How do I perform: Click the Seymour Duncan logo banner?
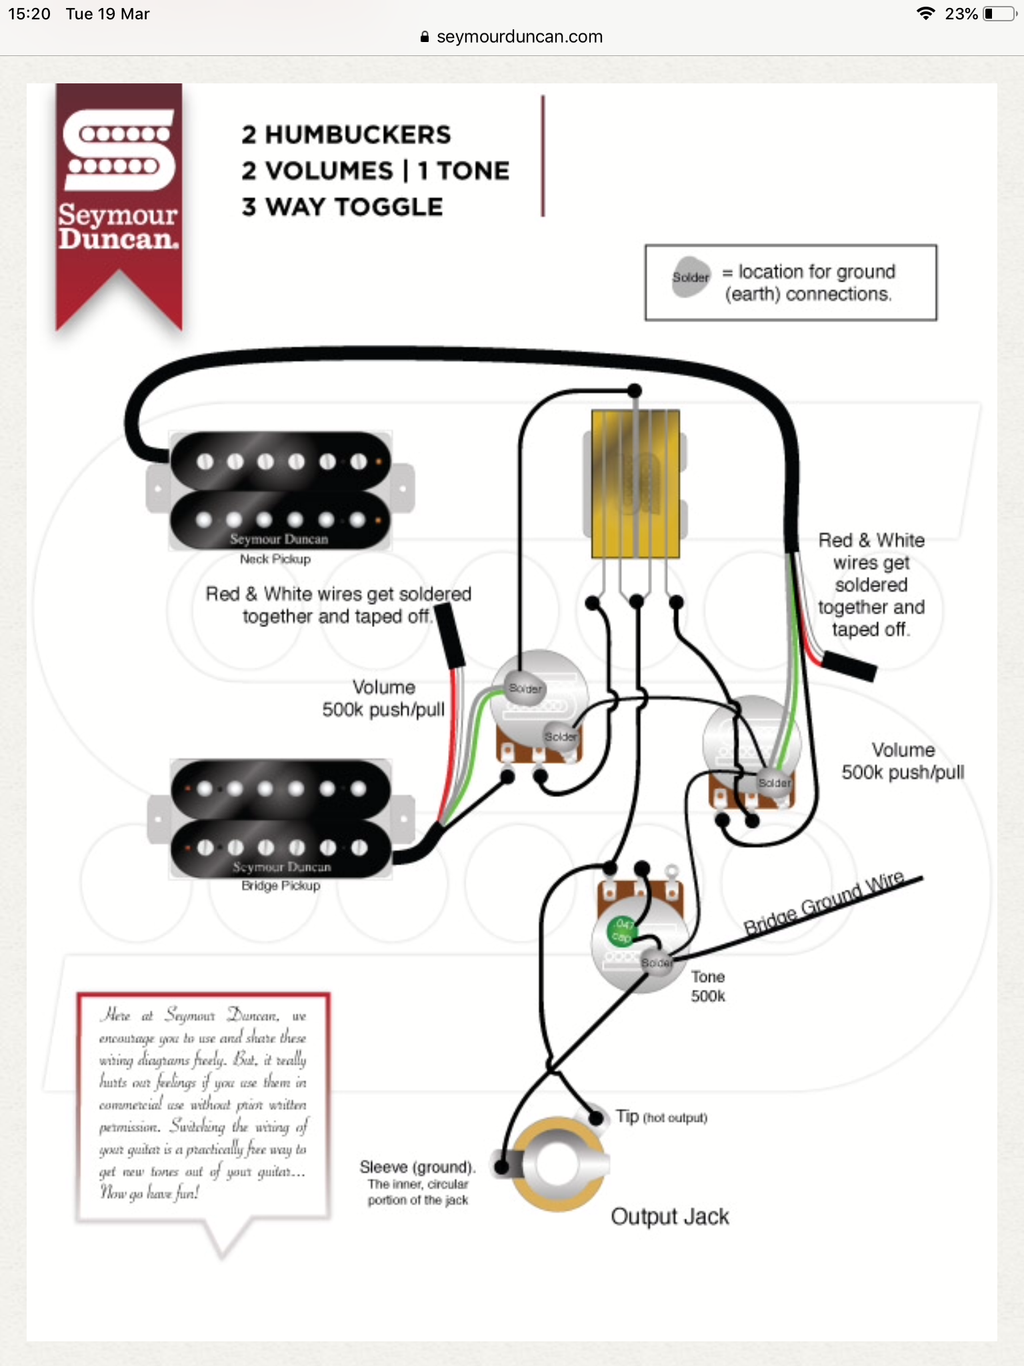(119, 193)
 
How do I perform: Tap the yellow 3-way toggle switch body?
(635, 484)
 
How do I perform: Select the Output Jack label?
(669, 1217)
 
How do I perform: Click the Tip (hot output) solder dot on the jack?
(596, 1117)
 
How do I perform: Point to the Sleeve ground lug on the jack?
(501, 1166)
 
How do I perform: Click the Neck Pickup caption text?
(275, 559)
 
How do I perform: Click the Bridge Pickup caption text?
(281, 886)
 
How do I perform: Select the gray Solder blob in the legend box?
(691, 277)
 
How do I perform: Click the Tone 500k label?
(707, 986)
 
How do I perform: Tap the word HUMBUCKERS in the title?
(357, 135)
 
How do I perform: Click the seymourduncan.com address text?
(519, 37)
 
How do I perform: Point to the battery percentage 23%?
(961, 14)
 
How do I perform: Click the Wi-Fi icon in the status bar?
(925, 14)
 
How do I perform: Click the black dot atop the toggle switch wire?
(635, 390)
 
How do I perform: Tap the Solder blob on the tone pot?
(656, 962)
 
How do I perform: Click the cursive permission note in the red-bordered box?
(203, 1104)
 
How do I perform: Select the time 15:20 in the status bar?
(29, 14)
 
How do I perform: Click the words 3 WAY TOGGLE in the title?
(342, 207)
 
